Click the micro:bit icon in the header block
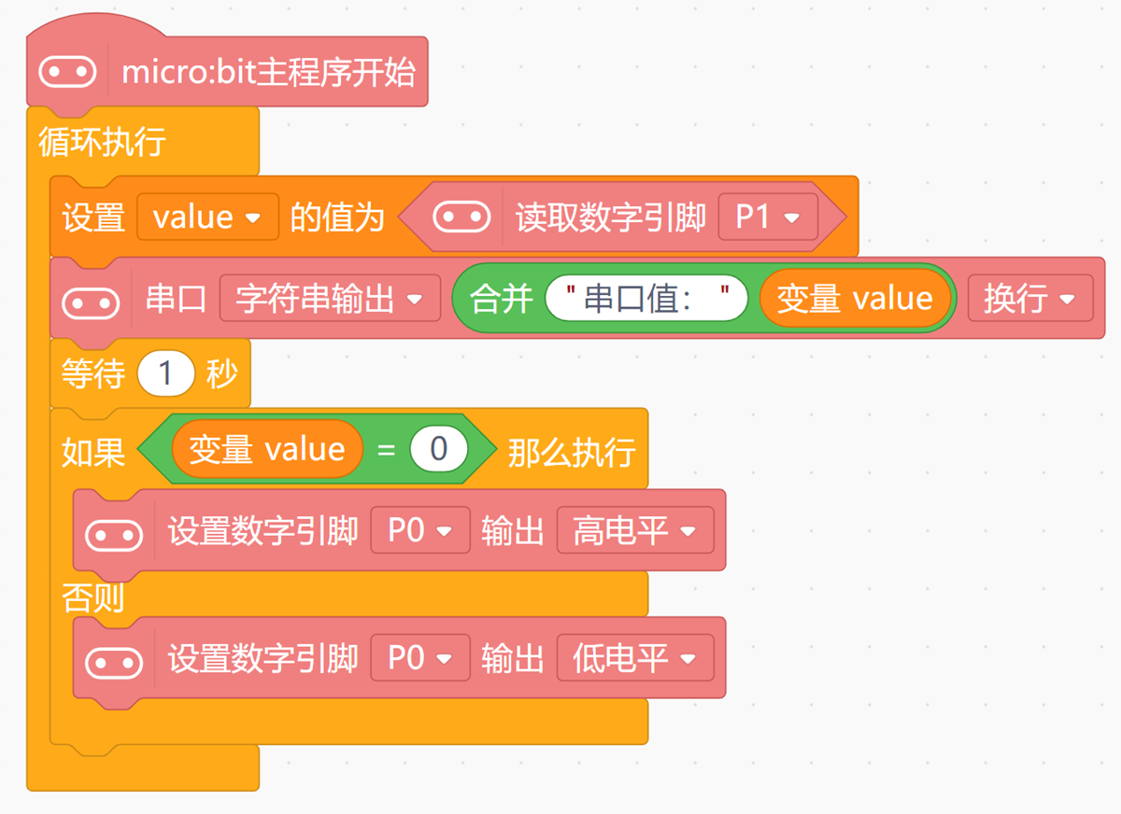pyautogui.click(x=67, y=72)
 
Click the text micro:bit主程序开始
pyautogui.click(x=269, y=72)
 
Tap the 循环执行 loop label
pyautogui.click(x=102, y=142)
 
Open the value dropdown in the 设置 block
pyautogui.click(x=207, y=217)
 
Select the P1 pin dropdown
pyautogui.click(x=768, y=217)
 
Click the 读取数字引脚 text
pyautogui.click(x=611, y=218)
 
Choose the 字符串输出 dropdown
pyautogui.click(x=331, y=299)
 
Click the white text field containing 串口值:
pyautogui.click(x=646, y=299)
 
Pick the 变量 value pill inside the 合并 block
pyautogui.click(x=856, y=299)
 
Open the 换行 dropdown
pyautogui.click(x=1030, y=299)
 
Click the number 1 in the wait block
pyautogui.click(x=165, y=373)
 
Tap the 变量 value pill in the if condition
pyautogui.click(x=267, y=449)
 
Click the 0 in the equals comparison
pyautogui.click(x=439, y=448)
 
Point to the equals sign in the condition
pyautogui.click(x=387, y=450)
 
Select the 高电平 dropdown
pyautogui.click(x=635, y=530)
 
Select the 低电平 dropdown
pyautogui.click(x=635, y=657)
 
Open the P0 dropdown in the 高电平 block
pyautogui.click(x=420, y=530)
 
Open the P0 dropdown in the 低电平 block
pyautogui.click(x=420, y=657)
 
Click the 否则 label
pyautogui.click(x=92, y=598)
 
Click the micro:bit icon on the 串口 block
pyautogui.click(x=91, y=303)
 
